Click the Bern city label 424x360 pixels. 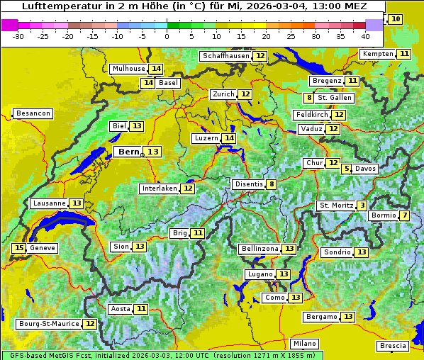pyautogui.click(x=129, y=152)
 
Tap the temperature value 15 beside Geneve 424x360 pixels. pyautogui.click(x=18, y=248)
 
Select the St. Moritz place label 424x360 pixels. pyautogui.click(x=336, y=206)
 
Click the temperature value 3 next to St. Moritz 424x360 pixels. pyautogui.click(x=362, y=206)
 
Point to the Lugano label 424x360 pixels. pyautogui.click(x=260, y=274)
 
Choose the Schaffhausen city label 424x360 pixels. pyautogui.click(x=224, y=56)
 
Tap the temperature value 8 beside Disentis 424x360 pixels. pyautogui.click(x=272, y=184)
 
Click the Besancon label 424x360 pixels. pyautogui.click(x=33, y=113)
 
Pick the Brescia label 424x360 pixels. pyautogui.click(x=393, y=346)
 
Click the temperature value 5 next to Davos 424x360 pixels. pyautogui.click(x=346, y=169)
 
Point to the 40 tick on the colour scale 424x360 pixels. pyautogui.click(x=365, y=35)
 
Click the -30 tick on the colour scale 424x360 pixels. pyautogui.click(x=18, y=35)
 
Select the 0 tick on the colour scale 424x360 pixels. pyautogui.click(x=167, y=35)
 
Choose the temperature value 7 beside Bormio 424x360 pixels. pyautogui.click(x=404, y=215)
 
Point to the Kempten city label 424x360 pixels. pyautogui.click(x=377, y=54)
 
